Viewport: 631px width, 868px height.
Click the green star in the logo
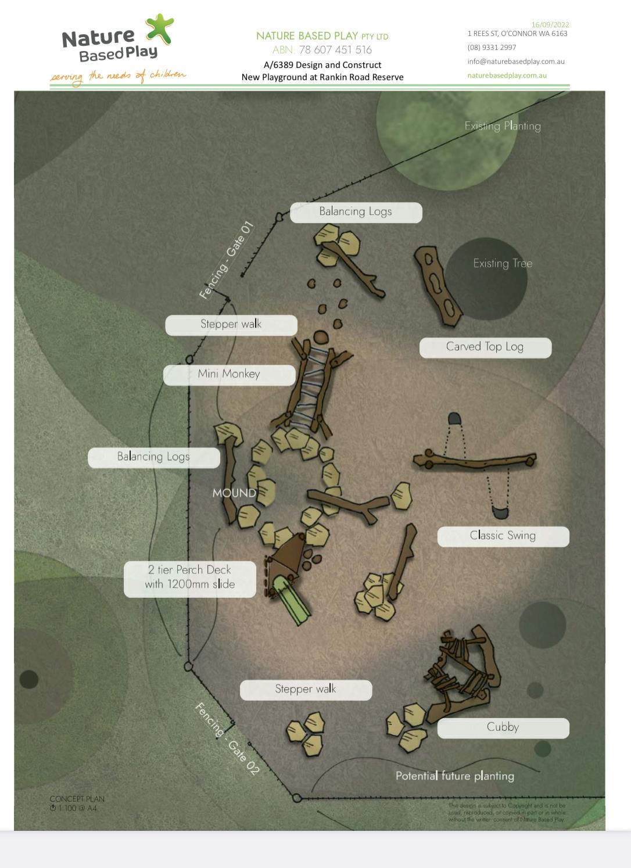click(160, 28)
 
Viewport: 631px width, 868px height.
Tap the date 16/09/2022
click(550, 24)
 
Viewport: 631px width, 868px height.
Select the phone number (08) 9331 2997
click(492, 48)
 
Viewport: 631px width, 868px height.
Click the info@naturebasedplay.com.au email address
click(515, 62)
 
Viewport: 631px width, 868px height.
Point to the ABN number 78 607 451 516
click(335, 50)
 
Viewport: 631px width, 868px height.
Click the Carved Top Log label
click(485, 347)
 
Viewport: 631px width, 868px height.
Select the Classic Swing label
click(503, 536)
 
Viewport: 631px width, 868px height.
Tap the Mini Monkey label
click(229, 375)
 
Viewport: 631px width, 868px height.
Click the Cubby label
click(503, 727)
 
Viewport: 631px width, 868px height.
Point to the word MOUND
click(234, 493)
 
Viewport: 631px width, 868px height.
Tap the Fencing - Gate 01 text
click(227, 260)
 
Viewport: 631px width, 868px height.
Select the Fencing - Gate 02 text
click(227, 738)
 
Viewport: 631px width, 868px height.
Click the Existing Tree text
click(503, 264)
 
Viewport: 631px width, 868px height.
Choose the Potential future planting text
click(454, 776)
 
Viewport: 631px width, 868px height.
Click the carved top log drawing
click(438, 285)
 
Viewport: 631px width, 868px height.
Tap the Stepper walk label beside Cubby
click(306, 690)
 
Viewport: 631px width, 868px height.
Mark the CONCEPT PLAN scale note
click(77, 803)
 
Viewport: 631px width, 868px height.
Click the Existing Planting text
click(503, 126)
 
